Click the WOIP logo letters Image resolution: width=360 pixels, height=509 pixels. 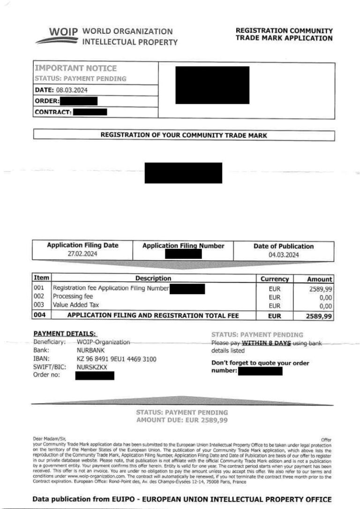point(63,33)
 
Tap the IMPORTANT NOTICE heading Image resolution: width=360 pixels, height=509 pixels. point(76,68)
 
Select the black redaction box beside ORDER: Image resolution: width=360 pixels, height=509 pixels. point(78,101)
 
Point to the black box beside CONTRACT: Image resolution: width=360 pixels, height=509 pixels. point(90,112)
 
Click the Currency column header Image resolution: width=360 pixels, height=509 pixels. point(275,279)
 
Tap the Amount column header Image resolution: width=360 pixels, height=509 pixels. point(319,279)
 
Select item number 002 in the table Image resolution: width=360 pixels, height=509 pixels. point(39,297)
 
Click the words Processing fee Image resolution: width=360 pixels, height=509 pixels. point(73,297)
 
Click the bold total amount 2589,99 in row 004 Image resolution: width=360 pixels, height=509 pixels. point(319,316)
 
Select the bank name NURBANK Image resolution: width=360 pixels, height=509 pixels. point(90,351)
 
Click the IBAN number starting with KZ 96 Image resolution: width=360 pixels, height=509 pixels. point(116,359)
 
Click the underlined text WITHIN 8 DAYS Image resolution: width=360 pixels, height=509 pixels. point(266,343)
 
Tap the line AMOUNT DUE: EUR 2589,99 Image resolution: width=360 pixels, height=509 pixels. point(182,420)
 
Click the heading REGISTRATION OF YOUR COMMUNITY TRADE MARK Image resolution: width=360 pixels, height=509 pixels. point(184,135)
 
